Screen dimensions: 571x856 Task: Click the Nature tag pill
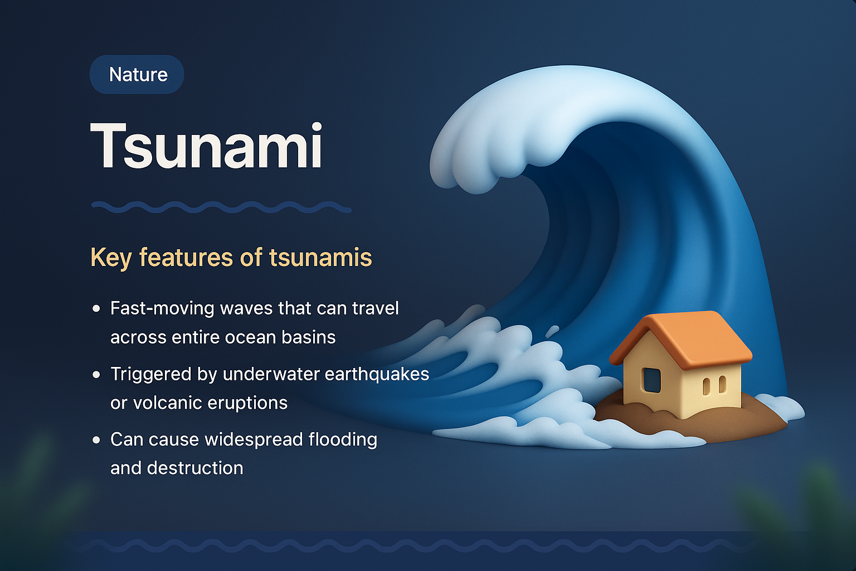(137, 75)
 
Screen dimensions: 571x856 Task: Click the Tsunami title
(206, 146)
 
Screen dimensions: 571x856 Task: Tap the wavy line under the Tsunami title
(221, 207)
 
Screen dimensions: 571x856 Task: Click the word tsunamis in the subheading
(320, 258)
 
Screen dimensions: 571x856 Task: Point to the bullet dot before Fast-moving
(96, 308)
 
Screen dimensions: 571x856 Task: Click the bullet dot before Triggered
(96, 374)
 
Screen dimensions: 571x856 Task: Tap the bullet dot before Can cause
(96, 440)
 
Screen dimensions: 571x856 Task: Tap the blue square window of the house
(651, 380)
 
